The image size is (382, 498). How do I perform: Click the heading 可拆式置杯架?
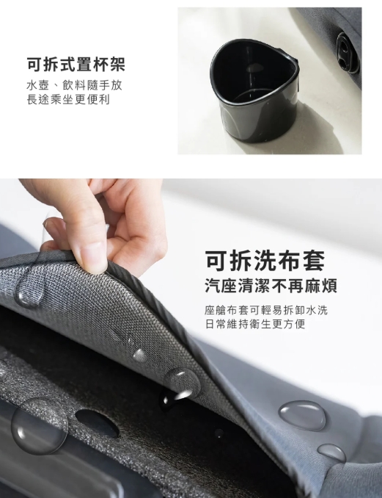click(x=76, y=64)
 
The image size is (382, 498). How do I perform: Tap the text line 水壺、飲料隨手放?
click(x=74, y=85)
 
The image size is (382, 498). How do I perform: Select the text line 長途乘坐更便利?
click(x=68, y=99)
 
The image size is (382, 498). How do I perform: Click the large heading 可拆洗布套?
click(x=265, y=261)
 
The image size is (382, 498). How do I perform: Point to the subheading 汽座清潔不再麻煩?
click(x=271, y=286)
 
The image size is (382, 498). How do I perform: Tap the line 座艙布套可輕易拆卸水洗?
click(x=266, y=310)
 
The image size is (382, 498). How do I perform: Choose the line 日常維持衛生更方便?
click(x=255, y=324)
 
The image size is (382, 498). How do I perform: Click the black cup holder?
click(x=254, y=90)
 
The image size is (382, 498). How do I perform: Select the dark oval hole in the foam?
click(x=97, y=422)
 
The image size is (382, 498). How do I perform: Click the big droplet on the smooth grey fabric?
click(x=302, y=416)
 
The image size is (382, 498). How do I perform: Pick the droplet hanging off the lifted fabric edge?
click(x=177, y=386)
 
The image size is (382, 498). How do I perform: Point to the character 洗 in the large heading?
click(x=265, y=261)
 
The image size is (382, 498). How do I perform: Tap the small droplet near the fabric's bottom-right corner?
click(x=331, y=453)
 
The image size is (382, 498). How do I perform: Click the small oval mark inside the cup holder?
click(x=253, y=68)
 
